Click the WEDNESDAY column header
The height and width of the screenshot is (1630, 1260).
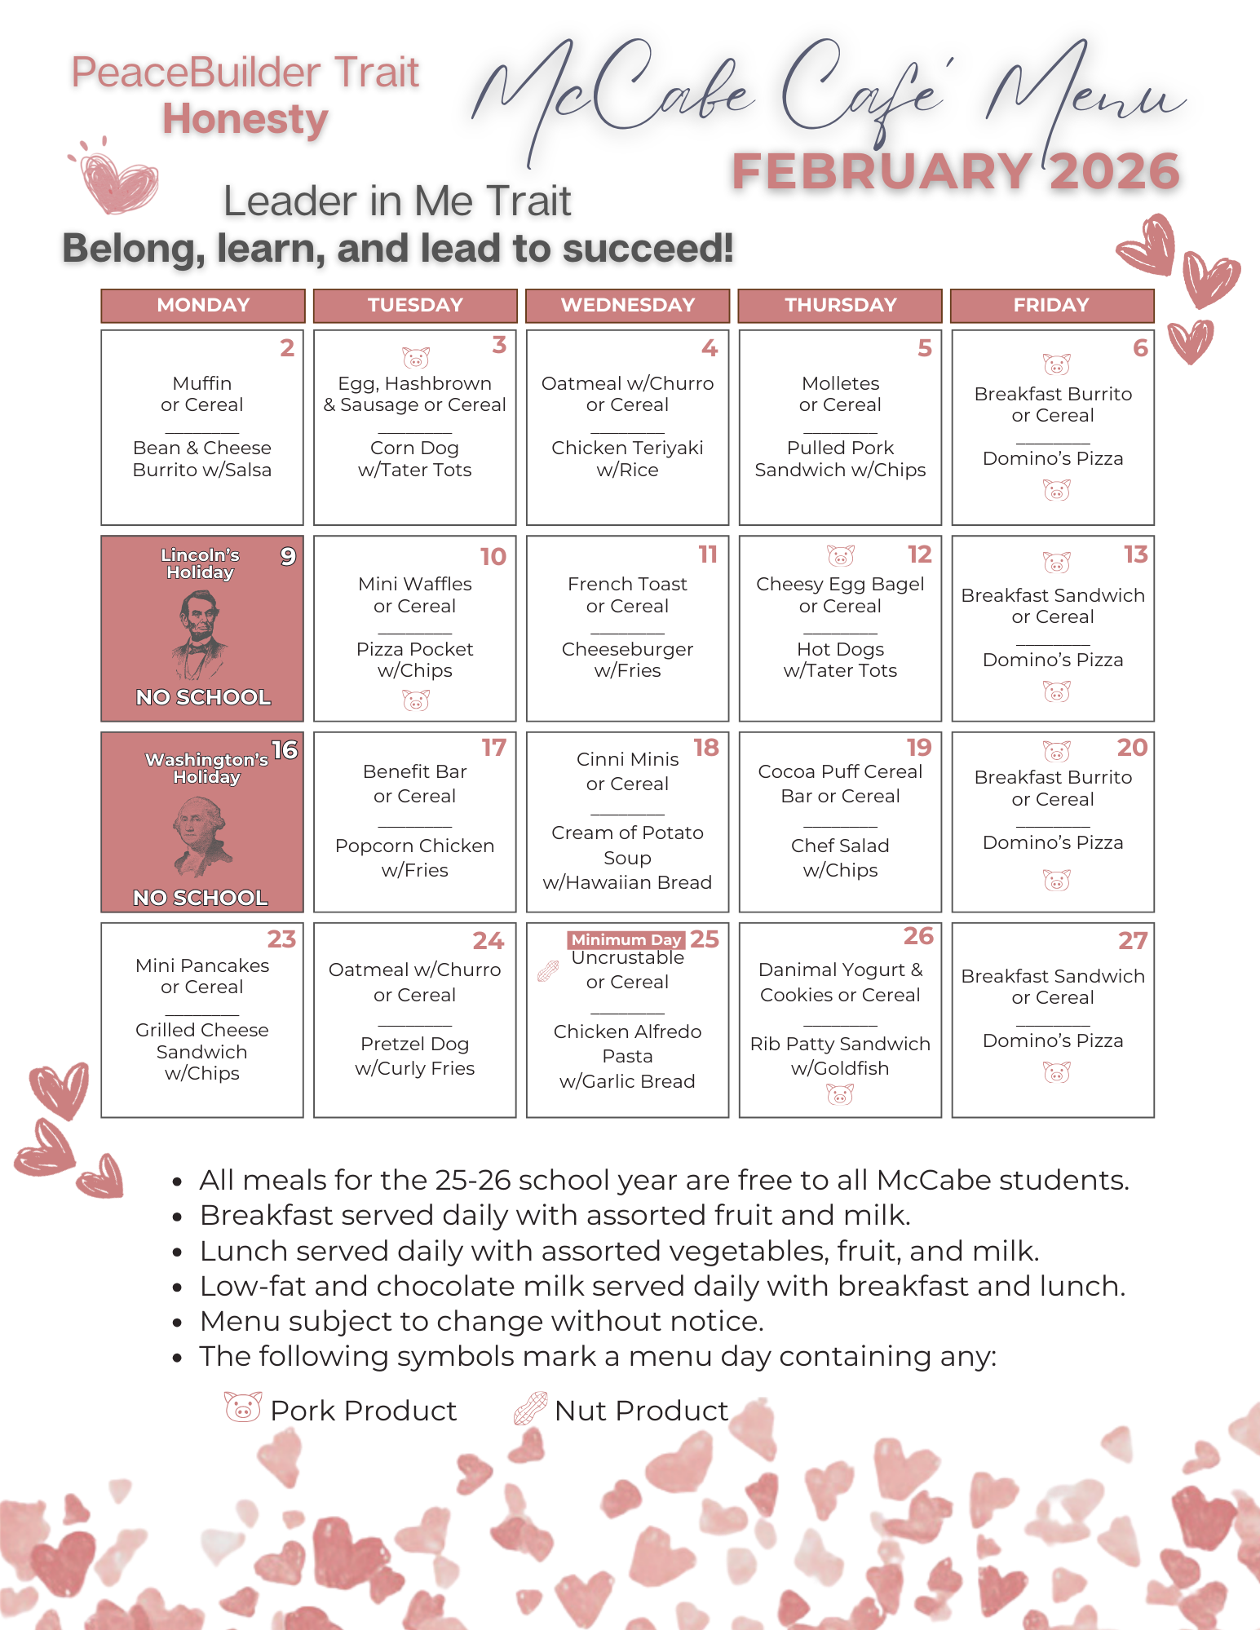click(x=627, y=305)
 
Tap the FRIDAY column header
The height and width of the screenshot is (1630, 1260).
click(x=1051, y=305)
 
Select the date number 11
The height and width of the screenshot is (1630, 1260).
click(x=707, y=554)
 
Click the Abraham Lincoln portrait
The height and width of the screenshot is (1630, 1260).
click(x=199, y=634)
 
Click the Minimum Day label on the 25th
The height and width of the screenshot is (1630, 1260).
click(x=626, y=939)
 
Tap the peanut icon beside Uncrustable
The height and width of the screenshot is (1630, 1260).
click(x=548, y=970)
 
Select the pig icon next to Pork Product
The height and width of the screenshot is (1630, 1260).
click(x=243, y=1407)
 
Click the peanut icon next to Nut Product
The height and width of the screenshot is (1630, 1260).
click(x=530, y=1408)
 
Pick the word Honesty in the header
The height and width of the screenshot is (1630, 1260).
click(x=245, y=119)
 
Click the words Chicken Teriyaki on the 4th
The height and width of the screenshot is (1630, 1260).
click(x=627, y=448)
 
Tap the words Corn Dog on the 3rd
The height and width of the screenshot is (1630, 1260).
click(x=414, y=448)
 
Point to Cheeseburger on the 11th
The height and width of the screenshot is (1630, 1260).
click(x=627, y=649)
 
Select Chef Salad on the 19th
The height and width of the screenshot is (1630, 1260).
click(x=840, y=846)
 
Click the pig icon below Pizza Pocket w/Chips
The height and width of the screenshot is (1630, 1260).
click(x=416, y=700)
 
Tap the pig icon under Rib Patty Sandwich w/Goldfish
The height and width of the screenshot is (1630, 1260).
click(x=840, y=1095)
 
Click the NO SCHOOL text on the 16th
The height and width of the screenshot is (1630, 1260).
click(x=201, y=897)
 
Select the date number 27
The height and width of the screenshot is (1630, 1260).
click(x=1133, y=941)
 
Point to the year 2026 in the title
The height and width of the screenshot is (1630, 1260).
click(x=1114, y=171)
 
